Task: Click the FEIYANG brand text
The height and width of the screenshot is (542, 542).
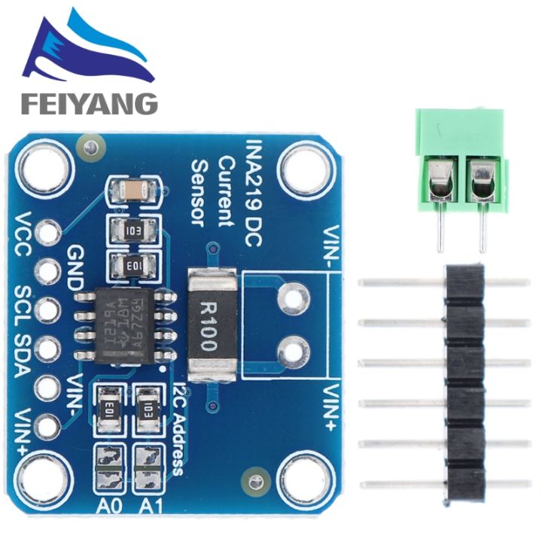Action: pyautogui.click(x=89, y=102)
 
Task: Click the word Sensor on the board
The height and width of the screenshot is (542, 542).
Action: pyautogui.click(x=199, y=193)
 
